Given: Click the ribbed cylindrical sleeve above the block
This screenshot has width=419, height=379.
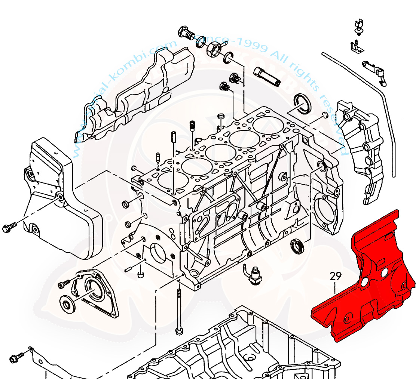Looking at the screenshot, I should (266, 77).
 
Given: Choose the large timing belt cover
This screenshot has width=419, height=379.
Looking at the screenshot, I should (56, 198).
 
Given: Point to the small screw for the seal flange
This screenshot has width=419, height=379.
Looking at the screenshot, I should (64, 284).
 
